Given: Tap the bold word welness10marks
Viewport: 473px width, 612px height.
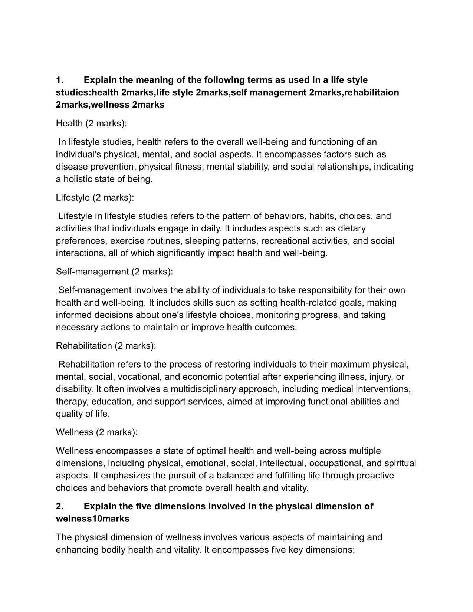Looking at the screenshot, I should point(92,519).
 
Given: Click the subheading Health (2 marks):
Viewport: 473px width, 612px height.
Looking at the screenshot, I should point(91,123).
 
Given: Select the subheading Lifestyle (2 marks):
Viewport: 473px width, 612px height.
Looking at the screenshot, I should point(95,197).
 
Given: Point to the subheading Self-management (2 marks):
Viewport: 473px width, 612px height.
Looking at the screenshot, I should point(114,272).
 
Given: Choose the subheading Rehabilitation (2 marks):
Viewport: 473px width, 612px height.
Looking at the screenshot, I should point(106,346).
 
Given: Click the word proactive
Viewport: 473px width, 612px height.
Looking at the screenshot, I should point(374,476).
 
